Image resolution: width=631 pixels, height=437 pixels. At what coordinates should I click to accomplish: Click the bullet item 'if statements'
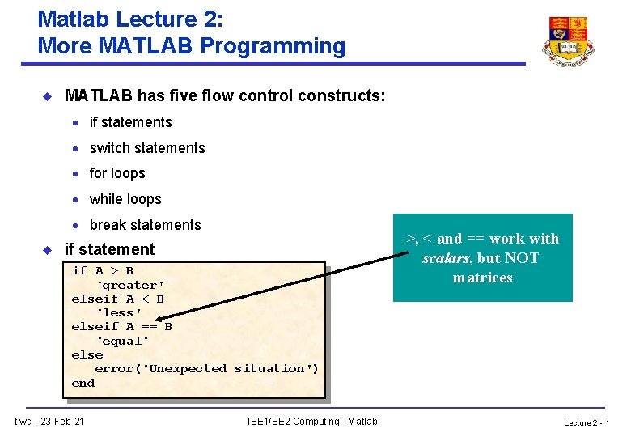pos(130,122)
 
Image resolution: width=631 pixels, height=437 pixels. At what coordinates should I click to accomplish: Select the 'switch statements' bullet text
pos(147,148)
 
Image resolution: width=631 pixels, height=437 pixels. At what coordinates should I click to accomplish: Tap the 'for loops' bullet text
pos(117,173)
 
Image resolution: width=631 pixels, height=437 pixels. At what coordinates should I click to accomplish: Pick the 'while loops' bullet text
pos(125,199)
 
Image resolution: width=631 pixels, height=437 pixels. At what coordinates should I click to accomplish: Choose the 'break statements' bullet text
pos(145,225)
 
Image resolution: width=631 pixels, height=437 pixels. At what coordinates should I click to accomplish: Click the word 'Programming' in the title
pos(273,46)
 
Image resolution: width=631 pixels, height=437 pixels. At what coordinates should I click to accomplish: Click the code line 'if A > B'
pos(103,271)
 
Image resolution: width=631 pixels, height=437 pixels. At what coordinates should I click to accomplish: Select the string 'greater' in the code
pos(130,285)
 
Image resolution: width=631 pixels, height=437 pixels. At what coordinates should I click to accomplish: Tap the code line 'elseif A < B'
pos(118,299)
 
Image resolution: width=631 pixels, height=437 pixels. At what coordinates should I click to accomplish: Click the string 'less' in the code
pos(119,312)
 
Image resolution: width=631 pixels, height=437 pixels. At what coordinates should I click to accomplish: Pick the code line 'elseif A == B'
pos(122,327)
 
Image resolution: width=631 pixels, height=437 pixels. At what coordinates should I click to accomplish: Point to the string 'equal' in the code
pos(122,341)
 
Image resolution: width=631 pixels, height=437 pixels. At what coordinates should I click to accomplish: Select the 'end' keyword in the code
pos(83,383)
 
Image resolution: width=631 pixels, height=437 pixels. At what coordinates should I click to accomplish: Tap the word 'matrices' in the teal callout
pos(483,278)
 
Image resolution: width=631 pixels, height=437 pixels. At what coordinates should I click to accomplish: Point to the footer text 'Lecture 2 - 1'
pos(587,422)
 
